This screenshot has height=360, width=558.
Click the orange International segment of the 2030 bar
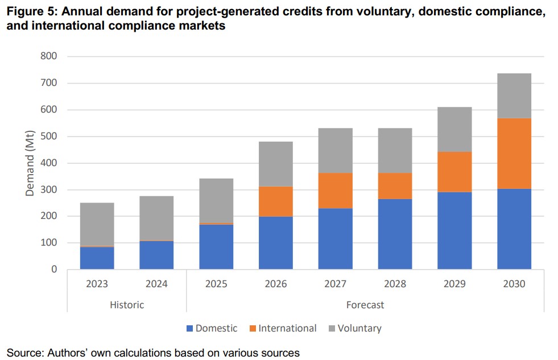tap(514, 154)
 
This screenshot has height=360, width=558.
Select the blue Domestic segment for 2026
tap(275, 243)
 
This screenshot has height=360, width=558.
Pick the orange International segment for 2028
tap(395, 186)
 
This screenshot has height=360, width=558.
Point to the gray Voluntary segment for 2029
tap(454, 130)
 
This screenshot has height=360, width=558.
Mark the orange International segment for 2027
tap(335, 191)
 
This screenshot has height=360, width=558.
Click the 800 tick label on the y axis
tap(49, 56)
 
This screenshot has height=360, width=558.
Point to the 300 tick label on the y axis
tap(49, 189)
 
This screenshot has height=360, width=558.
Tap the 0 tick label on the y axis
tap(55, 270)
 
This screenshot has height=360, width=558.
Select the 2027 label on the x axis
tap(335, 284)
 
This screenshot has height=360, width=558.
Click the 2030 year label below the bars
tap(514, 284)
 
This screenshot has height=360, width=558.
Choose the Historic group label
tap(127, 305)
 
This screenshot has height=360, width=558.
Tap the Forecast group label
tap(365, 305)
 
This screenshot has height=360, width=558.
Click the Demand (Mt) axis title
tap(30, 163)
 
